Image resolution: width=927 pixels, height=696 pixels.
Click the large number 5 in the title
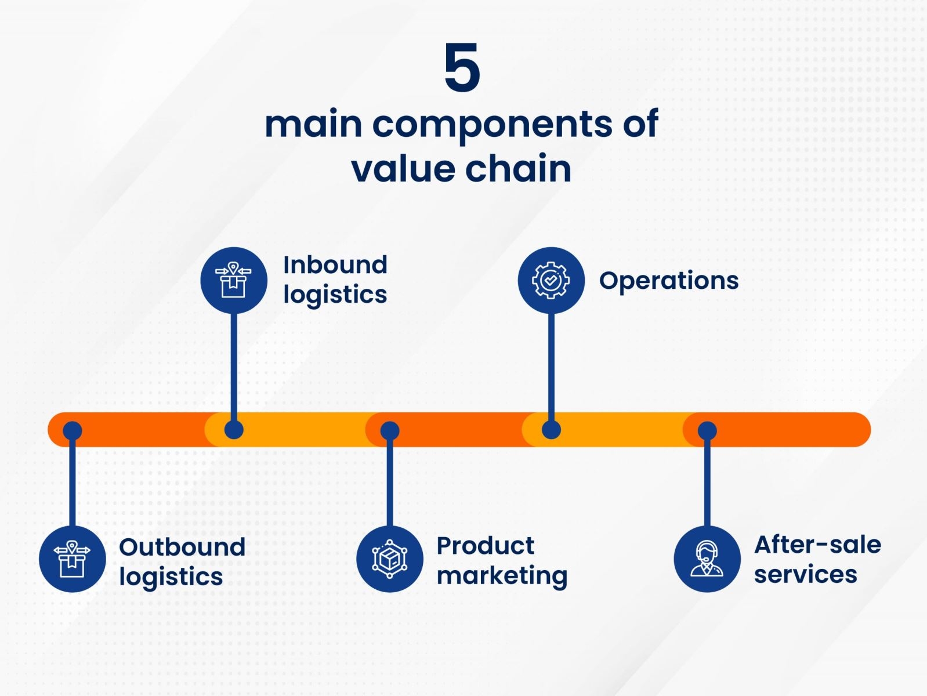[462, 68]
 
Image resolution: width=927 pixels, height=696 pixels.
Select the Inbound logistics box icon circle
[233, 280]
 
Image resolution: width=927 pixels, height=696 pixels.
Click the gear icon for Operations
[551, 280]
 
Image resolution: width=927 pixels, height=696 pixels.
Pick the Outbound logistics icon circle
[72, 559]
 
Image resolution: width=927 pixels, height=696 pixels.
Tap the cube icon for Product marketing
[389, 559]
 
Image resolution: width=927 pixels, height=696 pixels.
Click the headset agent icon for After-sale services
[707, 559]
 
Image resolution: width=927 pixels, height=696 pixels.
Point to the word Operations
[668, 281]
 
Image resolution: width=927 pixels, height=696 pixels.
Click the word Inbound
[335, 265]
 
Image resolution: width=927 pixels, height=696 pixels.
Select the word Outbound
[182, 547]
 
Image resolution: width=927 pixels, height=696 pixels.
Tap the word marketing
[502, 576]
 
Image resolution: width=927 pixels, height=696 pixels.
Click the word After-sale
[817, 545]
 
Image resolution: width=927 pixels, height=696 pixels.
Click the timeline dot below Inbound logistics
[233, 430]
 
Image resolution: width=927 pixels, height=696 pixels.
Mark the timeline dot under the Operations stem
[551, 430]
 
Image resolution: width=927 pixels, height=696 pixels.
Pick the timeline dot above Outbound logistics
[72, 430]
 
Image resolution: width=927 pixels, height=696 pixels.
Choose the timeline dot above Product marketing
[389, 430]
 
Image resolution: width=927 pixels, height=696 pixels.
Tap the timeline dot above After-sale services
[707, 430]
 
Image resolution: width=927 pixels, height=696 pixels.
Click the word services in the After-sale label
[805, 575]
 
